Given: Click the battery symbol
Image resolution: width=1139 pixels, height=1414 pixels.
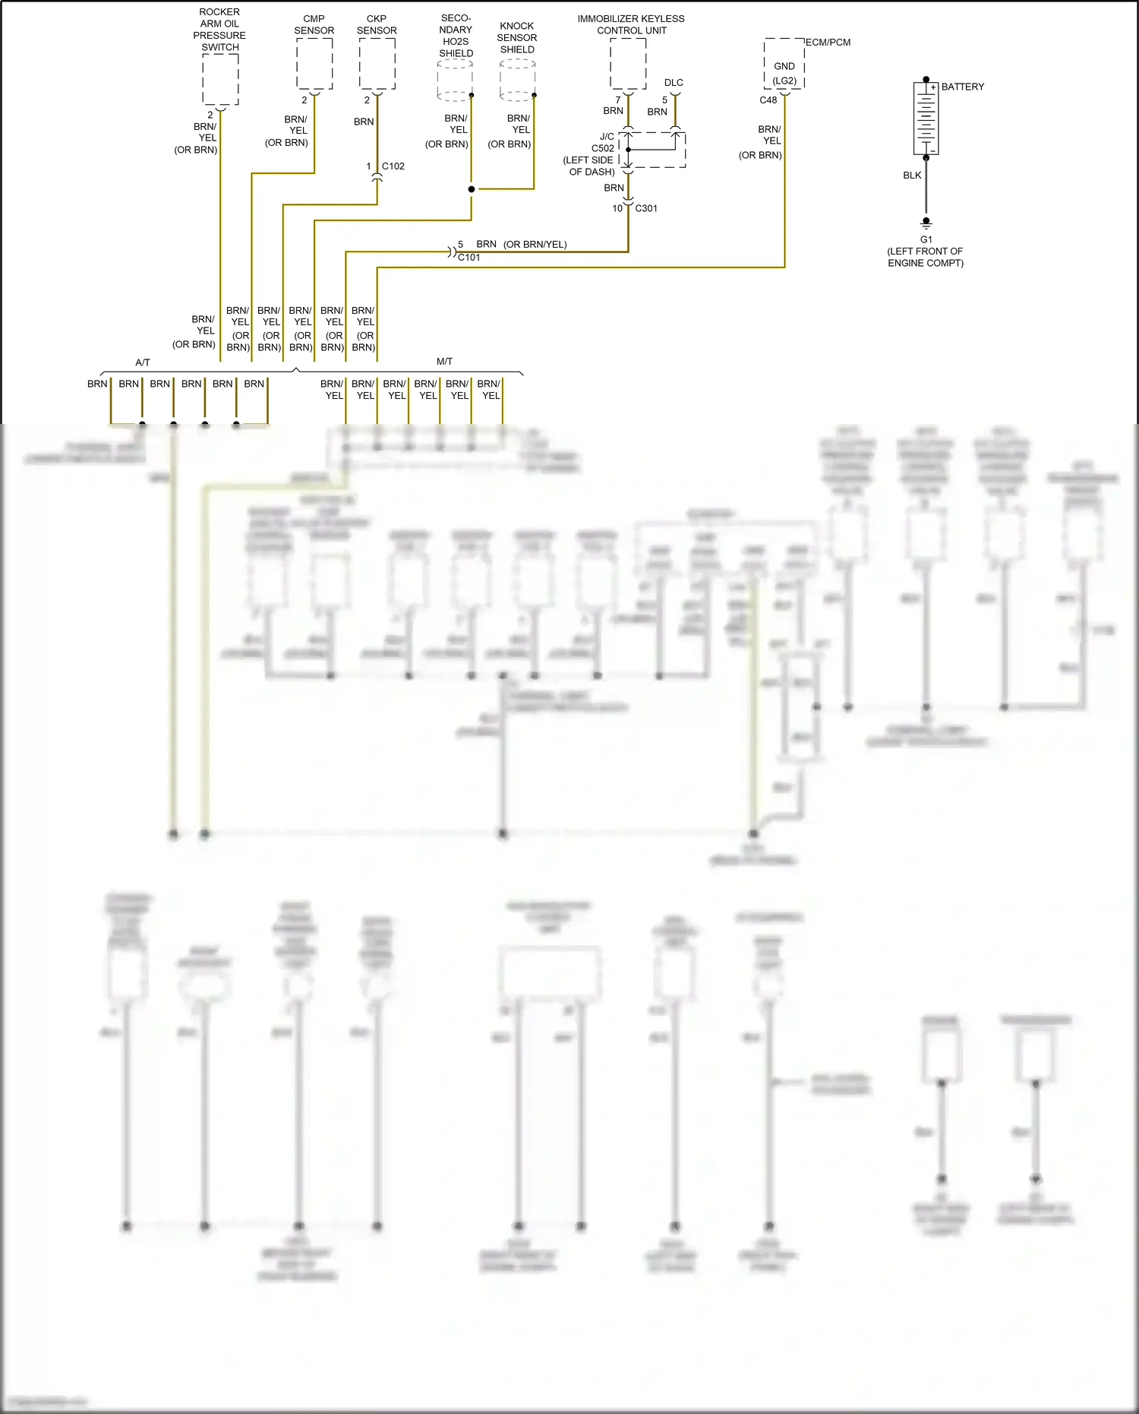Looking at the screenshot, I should (x=926, y=119).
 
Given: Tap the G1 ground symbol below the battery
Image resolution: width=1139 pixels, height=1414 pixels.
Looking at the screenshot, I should (x=926, y=223).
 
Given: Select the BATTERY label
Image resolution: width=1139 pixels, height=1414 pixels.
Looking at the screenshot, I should (x=962, y=87).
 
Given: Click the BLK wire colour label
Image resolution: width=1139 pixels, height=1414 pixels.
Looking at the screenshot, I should (x=912, y=176).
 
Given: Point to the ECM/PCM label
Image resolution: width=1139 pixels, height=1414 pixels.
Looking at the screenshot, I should (x=828, y=43).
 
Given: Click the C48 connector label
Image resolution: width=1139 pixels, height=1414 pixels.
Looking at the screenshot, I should (x=768, y=100).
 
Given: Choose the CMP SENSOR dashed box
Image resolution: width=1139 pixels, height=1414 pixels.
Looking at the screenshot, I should (x=314, y=64).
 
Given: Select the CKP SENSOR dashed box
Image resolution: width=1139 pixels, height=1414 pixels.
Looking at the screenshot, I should (x=377, y=64).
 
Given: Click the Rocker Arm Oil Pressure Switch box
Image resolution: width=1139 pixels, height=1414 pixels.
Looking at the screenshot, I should (x=220, y=79).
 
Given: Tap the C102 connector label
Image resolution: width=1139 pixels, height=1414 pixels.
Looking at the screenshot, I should (x=393, y=166).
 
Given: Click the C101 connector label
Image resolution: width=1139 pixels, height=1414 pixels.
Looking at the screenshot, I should (x=469, y=258).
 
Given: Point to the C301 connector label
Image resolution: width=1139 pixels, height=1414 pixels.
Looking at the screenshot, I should (x=646, y=208).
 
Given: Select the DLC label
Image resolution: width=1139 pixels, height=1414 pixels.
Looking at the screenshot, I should (x=674, y=83).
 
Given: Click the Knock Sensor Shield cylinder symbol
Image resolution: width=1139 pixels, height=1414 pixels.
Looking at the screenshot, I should (x=517, y=80).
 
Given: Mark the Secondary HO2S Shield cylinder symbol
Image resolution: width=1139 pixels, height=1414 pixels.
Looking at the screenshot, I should (x=455, y=80).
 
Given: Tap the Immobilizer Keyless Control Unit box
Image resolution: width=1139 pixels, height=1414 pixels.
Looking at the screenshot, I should (x=628, y=64).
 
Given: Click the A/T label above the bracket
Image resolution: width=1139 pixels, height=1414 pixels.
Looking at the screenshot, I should (x=143, y=362).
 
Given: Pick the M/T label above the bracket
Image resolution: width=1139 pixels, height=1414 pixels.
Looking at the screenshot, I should (x=444, y=362).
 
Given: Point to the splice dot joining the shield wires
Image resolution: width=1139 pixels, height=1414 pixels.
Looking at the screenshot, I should (x=472, y=189).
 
